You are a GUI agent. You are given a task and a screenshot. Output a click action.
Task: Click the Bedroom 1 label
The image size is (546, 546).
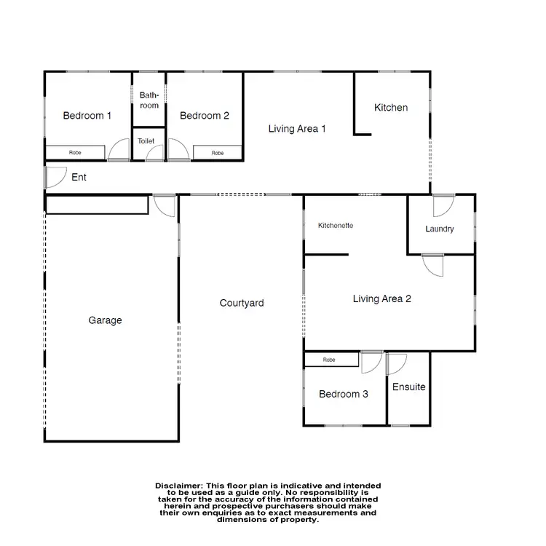(87, 115)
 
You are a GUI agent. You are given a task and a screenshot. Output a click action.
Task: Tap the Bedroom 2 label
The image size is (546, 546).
(205, 115)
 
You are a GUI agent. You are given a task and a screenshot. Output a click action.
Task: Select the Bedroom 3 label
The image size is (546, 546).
(343, 394)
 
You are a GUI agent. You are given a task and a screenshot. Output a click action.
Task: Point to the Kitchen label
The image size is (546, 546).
(391, 108)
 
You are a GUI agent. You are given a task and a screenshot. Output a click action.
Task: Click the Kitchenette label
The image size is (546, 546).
(336, 226)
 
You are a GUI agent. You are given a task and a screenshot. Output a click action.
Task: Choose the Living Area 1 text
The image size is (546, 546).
(297, 129)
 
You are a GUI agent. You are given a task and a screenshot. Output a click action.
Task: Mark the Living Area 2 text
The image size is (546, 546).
(382, 298)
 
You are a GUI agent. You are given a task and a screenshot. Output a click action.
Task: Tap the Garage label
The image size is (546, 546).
(106, 320)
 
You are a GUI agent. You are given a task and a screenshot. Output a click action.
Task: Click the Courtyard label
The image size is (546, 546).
(242, 303)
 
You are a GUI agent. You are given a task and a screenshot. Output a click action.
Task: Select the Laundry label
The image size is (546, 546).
(440, 229)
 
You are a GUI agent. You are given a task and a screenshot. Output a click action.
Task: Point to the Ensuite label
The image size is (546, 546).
(408, 387)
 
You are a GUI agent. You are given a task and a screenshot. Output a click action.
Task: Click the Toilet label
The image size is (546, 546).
(146, 141)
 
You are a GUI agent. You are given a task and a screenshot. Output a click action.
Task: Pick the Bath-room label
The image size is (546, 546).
(149, 100)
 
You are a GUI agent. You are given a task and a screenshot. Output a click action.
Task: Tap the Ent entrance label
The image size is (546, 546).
(79, 177)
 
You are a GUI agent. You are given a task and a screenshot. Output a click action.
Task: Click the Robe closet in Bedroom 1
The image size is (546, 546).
(75, 153)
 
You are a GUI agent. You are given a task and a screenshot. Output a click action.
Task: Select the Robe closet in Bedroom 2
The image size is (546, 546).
(217, 153)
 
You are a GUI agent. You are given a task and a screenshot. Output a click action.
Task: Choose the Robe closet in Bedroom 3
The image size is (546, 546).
(330, 360)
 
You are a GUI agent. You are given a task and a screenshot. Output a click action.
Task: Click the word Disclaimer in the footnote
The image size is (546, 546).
(180, 485)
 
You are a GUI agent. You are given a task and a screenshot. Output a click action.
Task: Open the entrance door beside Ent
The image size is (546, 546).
(54, 178)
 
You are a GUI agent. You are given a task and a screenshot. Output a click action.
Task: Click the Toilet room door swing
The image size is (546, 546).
(154, 153)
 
